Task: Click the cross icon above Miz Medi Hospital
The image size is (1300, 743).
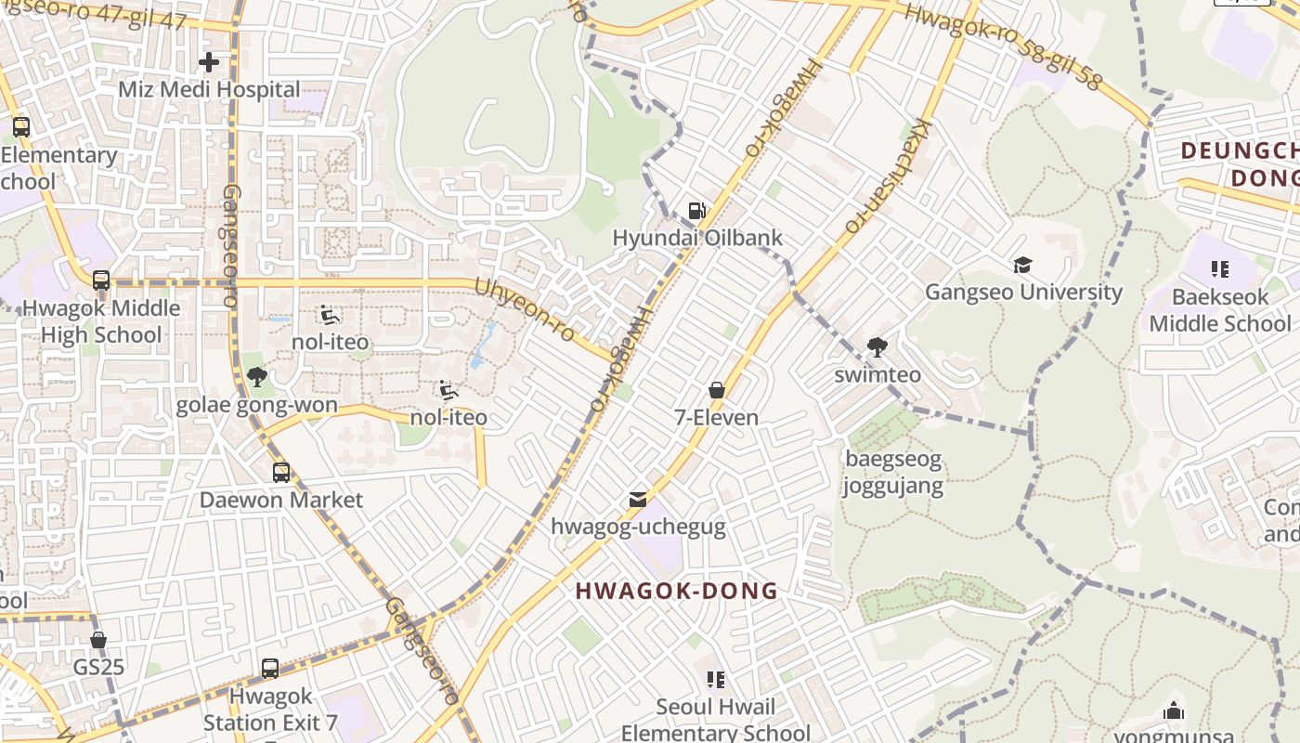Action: pos(209,62)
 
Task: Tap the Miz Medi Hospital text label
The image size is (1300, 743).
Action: pos(209,90)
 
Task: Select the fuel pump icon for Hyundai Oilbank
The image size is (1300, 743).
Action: pos(696,211)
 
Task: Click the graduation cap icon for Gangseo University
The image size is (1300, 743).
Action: pos(1022,266)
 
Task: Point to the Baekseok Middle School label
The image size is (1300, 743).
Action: pos(1219,310)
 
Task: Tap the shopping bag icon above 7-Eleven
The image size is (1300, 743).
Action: pos(716,390)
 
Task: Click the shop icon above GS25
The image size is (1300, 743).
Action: pos(98,640)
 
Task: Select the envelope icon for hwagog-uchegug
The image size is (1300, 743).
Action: pos(637,500)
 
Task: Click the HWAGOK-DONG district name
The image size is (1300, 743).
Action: pos(676,591)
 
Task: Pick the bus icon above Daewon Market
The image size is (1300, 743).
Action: pos(281,473)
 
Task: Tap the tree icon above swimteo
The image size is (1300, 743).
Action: pos(877,348)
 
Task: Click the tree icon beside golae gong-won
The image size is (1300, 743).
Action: pos(257,377)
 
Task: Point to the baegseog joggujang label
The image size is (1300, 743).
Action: pos(892,472)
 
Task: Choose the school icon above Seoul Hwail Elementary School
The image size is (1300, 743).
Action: pos(715,680)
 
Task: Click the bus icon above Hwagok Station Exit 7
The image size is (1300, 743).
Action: pos(270,669)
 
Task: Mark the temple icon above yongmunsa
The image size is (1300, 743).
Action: pos(1174,711)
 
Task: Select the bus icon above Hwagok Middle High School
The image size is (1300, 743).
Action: pos(101,280)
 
